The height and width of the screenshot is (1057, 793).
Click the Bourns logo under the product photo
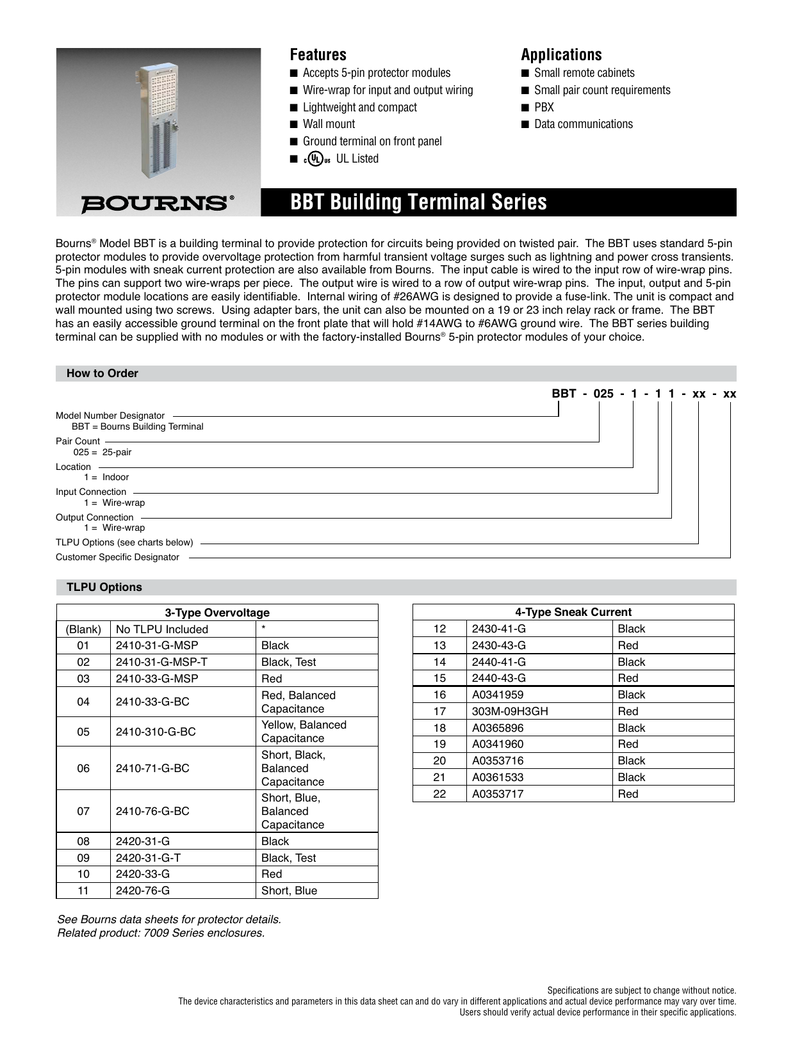coord(157,204)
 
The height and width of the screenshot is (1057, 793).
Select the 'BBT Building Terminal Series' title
coord(418,202)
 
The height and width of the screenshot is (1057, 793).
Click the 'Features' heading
coord(318,54)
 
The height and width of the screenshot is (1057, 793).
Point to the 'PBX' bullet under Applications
coord(544,108)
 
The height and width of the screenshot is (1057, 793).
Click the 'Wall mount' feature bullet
coord(329,124)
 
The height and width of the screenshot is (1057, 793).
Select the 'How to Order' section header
coord(102,373)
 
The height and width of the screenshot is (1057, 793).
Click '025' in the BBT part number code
coord(603,394)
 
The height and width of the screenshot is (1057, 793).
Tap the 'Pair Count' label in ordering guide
coord(78,441)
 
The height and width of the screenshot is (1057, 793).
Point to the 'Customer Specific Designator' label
coord(117,557)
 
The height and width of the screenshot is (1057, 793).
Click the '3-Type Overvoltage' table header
coord(217,613)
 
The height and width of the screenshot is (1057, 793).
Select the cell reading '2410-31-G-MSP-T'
coord(161,662)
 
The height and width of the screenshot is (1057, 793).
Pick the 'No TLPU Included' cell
coord(162,629)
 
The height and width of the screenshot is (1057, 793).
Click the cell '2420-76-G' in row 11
coord(143,891)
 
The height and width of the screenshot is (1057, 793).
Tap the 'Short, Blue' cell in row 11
coord(289,891)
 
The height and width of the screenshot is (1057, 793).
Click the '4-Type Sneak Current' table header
coord(573,612)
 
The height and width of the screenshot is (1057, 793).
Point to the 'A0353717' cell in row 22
coord(498,794)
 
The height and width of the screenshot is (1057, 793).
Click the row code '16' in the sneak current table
coord(439,695)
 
